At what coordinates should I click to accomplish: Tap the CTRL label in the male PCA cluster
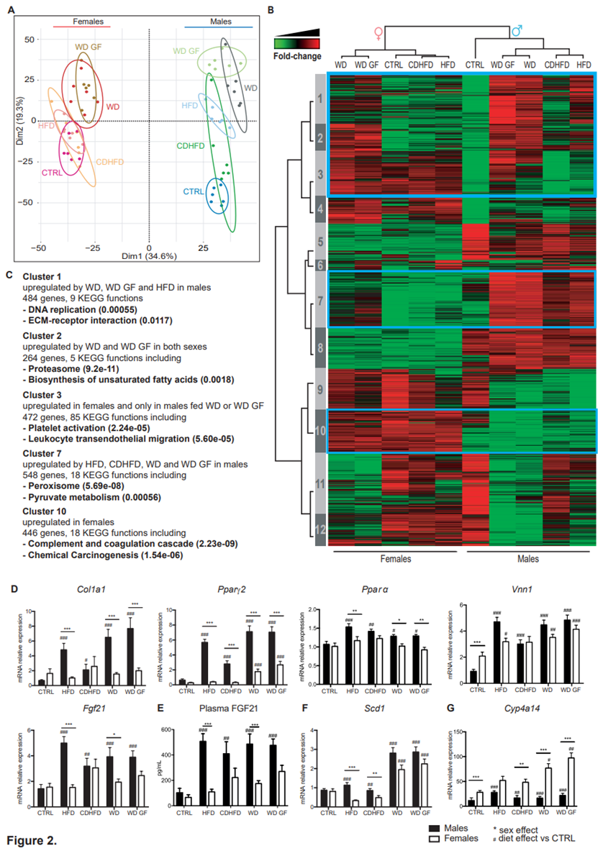[193, 191]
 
